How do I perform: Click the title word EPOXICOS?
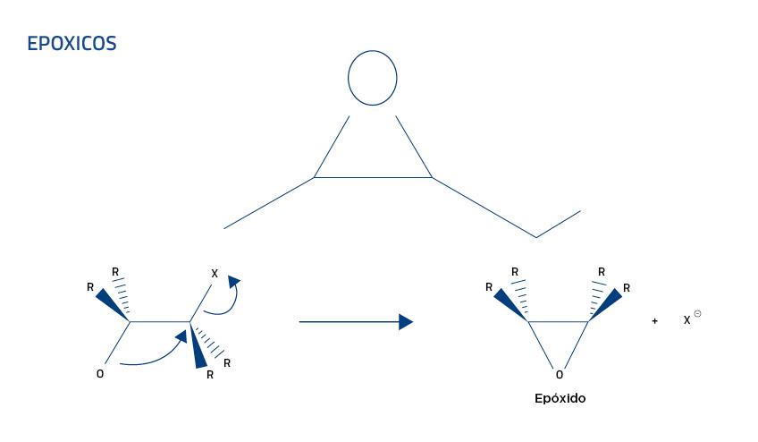pyautogui.click(x=72, y=43)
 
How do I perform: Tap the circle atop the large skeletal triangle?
pyautogui.click(x=372, y=78)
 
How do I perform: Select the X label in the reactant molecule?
pyautogui.click(x=214, y=273)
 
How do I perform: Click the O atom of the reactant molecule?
pyautogui.click(x=99, y=374)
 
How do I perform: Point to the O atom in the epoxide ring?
pyautogui.click(x=559, y=375)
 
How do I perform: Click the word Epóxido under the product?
pyautogui.click(x=559, y=399)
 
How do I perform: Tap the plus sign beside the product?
pyautogui.click(x=654, y=320)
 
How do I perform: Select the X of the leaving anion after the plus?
pyautogui.click(x=686, y=319)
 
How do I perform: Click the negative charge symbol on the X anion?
pyautogui.click(x=697, y=313)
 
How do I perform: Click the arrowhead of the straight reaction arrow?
pyautogui.click(x=406, y=321)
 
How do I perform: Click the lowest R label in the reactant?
pyautogui.click(x=209, y=375)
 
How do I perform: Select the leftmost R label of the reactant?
pyautogui.click(x=90, y=287)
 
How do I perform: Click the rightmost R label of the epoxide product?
pyautogui.click(x=627, y=288)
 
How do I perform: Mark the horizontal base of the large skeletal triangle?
pyautogui.click(x=373, y=178)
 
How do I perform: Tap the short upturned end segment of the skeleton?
pyautogui.click(x=559, y=224)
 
